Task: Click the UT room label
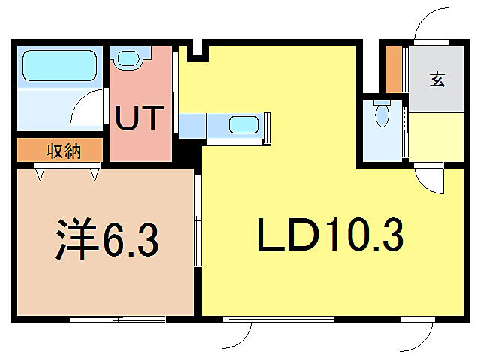(139, 118)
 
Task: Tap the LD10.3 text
(331, 237)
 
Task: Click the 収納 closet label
(64, 151)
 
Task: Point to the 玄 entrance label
(437, 79)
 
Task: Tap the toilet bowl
(382, 114)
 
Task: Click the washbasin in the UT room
(130, 58)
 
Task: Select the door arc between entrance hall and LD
(429, 179)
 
